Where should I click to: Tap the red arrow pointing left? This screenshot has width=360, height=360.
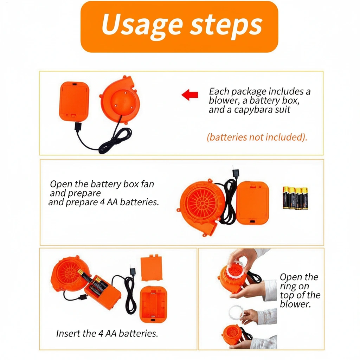tap(190, 95)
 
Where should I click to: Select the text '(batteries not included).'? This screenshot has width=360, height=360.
tap(257, 137)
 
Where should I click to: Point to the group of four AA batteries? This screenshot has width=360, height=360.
tap(295, 198)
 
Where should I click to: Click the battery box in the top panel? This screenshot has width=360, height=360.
tap(74, 101)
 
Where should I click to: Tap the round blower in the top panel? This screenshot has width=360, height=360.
tap(121, 100)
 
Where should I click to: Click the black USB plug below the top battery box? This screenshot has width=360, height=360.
tap(78, 127)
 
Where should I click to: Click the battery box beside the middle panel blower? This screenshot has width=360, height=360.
tap(252, 203)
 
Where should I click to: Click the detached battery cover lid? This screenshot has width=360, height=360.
tap(152, 268)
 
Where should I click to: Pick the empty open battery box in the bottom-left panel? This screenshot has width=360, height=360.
tap(153, 304)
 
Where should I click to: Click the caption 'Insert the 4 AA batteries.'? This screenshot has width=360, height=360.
tap(107, 333)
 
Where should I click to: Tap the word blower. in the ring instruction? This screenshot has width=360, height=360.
tap(295, 304)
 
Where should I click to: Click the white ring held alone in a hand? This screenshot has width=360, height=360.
tap(236, 313)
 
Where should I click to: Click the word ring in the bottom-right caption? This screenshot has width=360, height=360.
tap(288, 287)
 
